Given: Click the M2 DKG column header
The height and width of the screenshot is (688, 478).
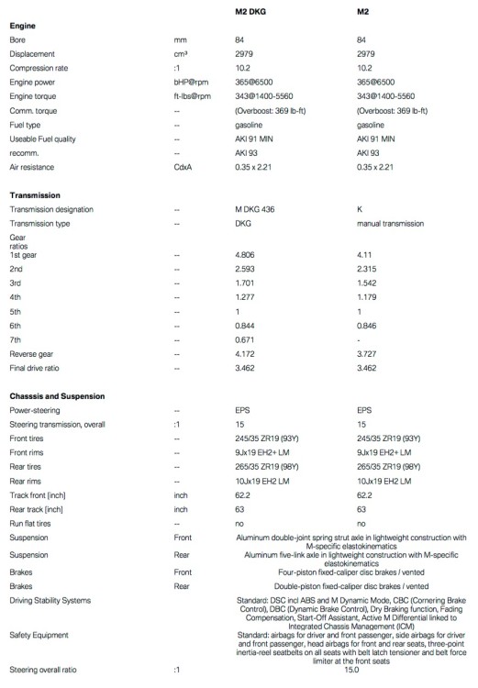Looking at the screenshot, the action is tap(253, 11).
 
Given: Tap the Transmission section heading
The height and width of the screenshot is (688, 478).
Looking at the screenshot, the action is tap(35, 195).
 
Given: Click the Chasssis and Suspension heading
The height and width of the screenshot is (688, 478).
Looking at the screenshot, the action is tap(60, 395).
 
